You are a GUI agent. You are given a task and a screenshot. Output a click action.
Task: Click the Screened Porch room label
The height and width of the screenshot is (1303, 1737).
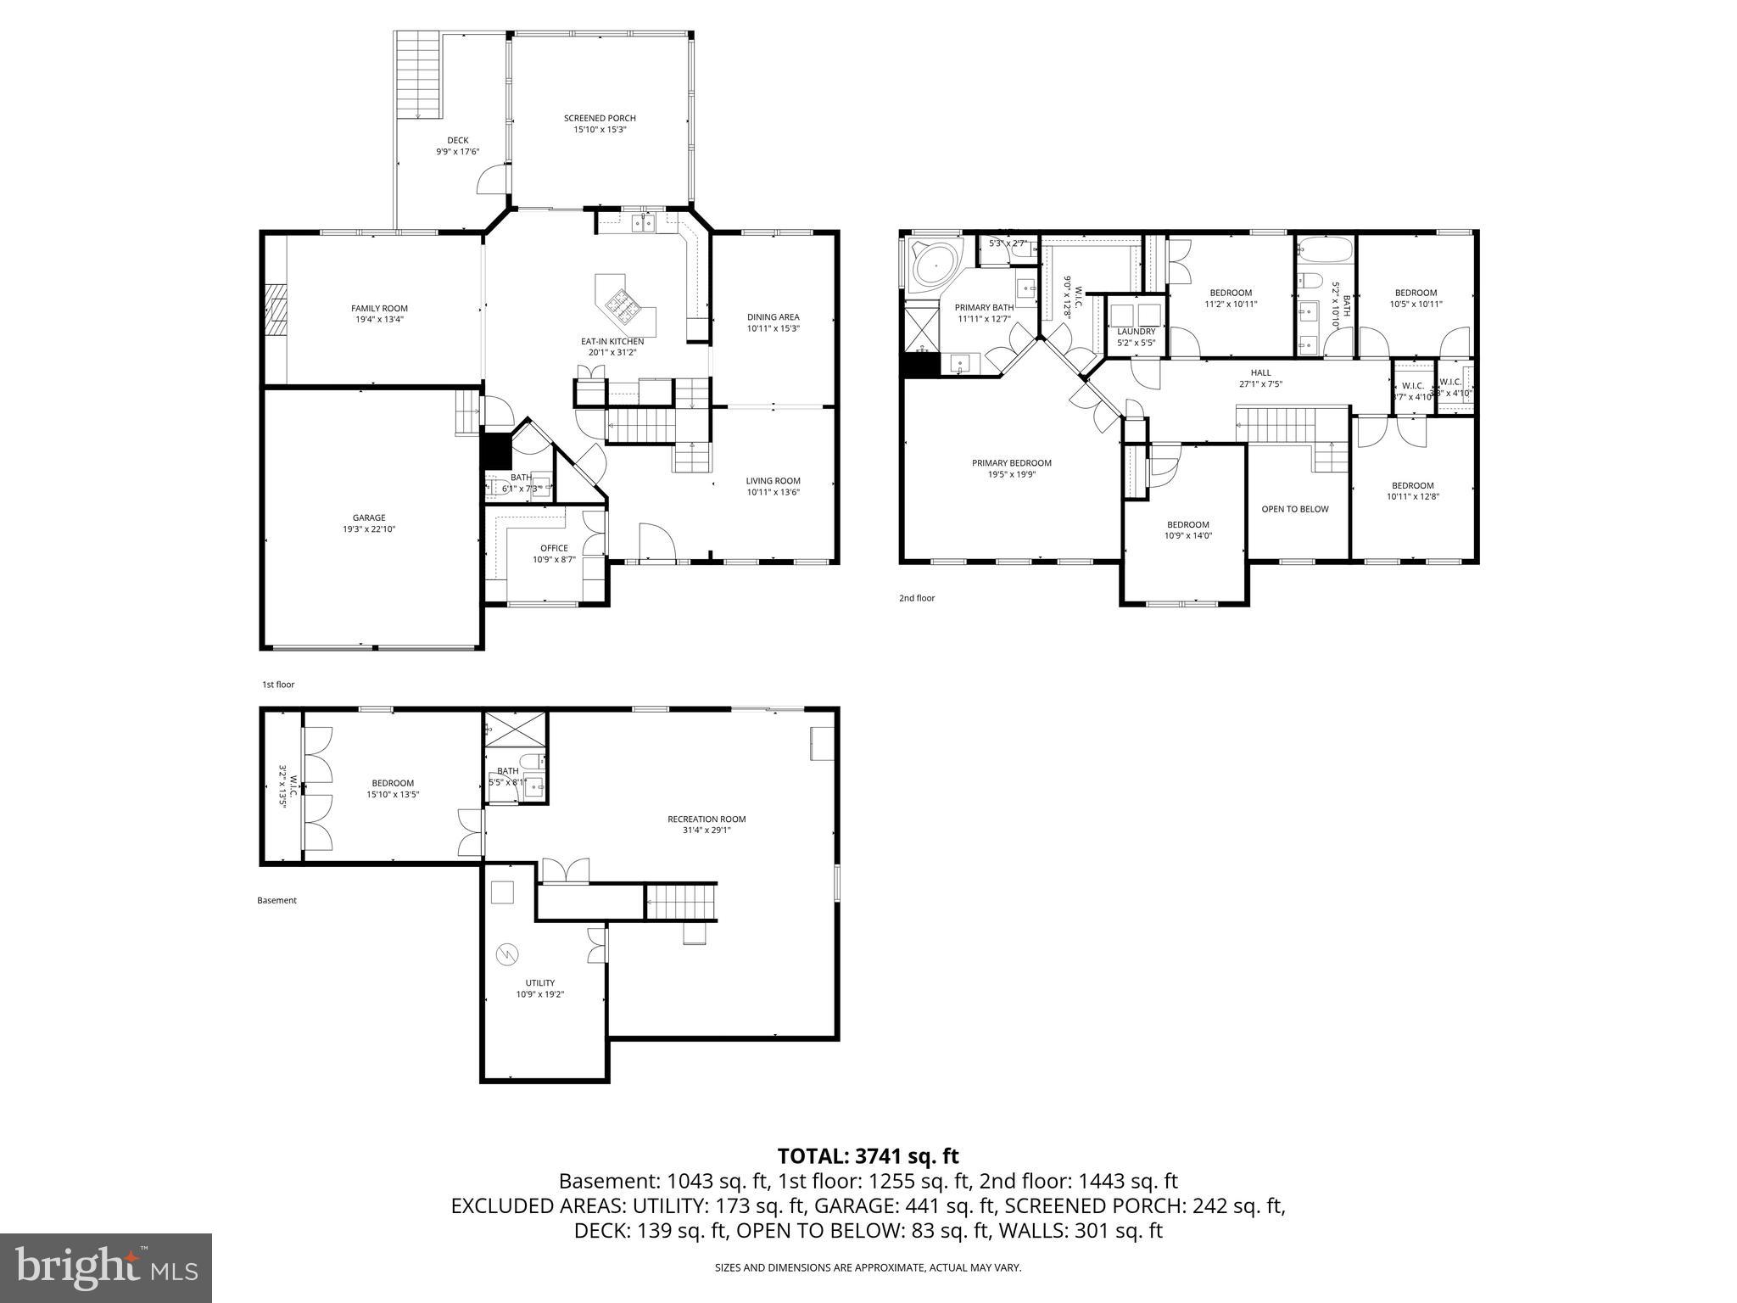coord(600,118)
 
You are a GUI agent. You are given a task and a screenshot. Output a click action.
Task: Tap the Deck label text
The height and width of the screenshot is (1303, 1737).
coord(458,141)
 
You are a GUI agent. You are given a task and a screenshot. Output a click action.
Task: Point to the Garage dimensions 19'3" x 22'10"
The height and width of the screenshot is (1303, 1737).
coord(368,529)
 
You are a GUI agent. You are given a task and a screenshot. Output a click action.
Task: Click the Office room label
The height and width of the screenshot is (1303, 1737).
coord(554,548)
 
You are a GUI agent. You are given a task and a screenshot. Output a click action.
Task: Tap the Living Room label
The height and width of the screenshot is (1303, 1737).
coord(773,481)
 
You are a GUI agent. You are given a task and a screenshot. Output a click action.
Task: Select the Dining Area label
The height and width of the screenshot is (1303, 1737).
coord(773,317)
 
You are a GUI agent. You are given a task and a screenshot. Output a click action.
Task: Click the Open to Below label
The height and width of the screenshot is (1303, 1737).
coord(1294,509)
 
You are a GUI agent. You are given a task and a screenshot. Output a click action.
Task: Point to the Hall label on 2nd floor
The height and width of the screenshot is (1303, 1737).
coord(1260,372)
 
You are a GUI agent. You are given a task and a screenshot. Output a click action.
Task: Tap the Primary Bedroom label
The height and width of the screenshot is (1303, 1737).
coord(1011,463)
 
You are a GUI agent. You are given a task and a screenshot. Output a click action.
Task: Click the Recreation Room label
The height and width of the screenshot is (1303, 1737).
coord(706,819)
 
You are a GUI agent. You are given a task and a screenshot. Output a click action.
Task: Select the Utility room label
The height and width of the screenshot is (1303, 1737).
coord(539,983)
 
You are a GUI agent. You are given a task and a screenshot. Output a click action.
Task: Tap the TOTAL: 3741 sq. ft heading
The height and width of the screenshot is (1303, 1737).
coord(868,1155)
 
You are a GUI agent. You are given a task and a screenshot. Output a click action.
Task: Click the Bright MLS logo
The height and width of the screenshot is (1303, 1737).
coord(106,1267)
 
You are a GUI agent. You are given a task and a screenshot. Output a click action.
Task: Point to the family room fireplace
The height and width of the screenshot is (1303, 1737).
coord(274,310)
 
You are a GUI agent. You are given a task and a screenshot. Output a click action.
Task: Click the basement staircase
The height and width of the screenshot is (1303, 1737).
coord(681,901)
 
